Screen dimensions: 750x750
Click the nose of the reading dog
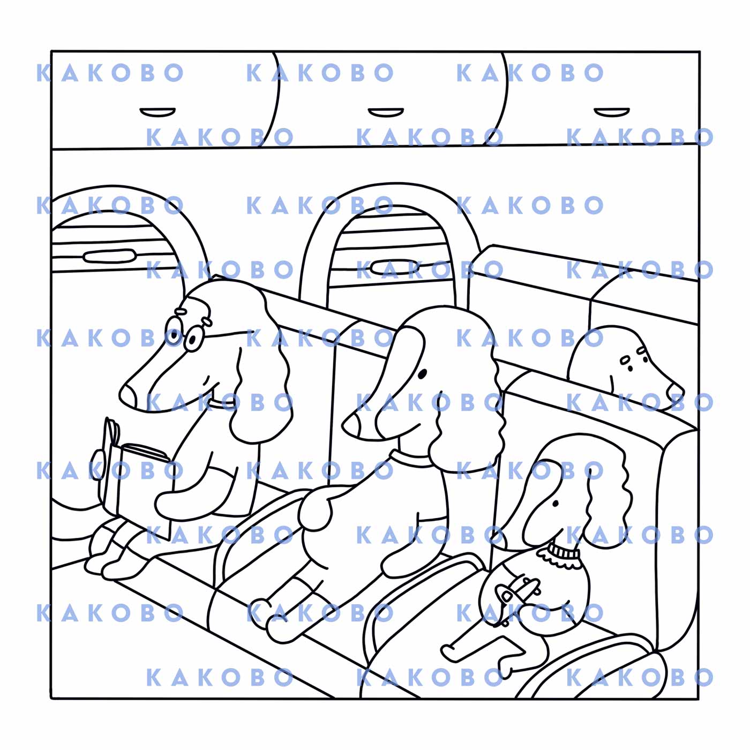tap(127, 395)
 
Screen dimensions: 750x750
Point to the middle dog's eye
tap(423, 373)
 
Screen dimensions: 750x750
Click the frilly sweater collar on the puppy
tap(560, 554)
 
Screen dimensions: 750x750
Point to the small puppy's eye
tap(556, 504)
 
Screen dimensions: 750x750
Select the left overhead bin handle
tap(157, 112)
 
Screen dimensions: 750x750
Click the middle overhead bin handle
tap(386, 112)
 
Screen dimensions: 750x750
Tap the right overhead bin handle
tap(612, 112)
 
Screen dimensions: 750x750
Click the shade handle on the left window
tap(109, 256)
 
